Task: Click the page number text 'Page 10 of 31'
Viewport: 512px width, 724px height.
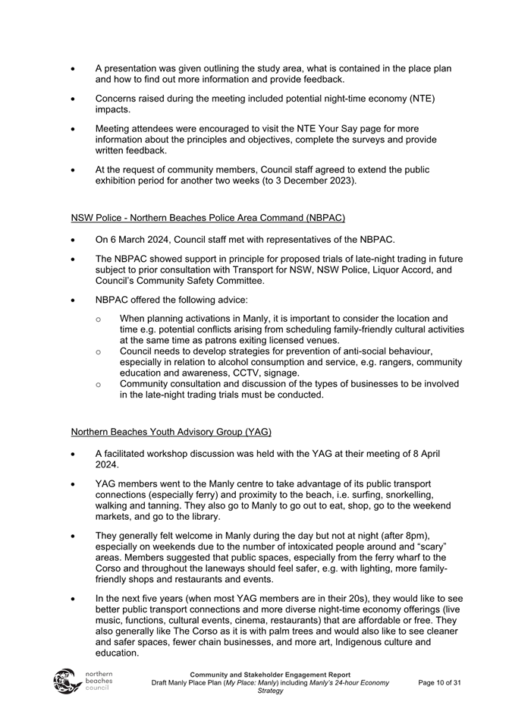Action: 440,683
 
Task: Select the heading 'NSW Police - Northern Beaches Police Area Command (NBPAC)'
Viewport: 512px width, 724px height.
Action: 208,218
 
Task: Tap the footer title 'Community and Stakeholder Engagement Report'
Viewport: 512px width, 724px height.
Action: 270,675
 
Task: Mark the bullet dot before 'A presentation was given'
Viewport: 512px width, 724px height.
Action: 73,69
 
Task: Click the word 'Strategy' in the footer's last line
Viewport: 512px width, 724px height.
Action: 270,691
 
